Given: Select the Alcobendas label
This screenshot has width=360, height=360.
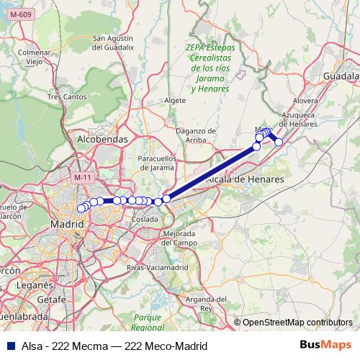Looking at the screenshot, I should [102, 139].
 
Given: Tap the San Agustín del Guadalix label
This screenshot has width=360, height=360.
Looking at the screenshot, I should [114, 42].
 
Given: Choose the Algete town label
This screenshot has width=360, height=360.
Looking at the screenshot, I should [175, 101].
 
